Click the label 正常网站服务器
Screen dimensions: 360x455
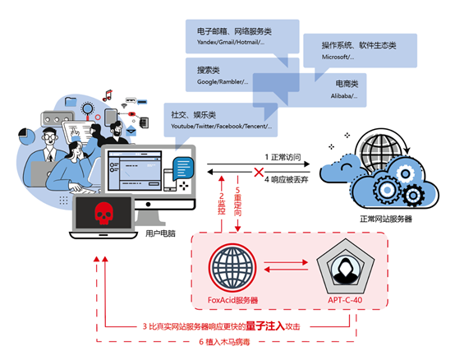click(385, 219)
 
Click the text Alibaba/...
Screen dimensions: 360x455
click(343, 96)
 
